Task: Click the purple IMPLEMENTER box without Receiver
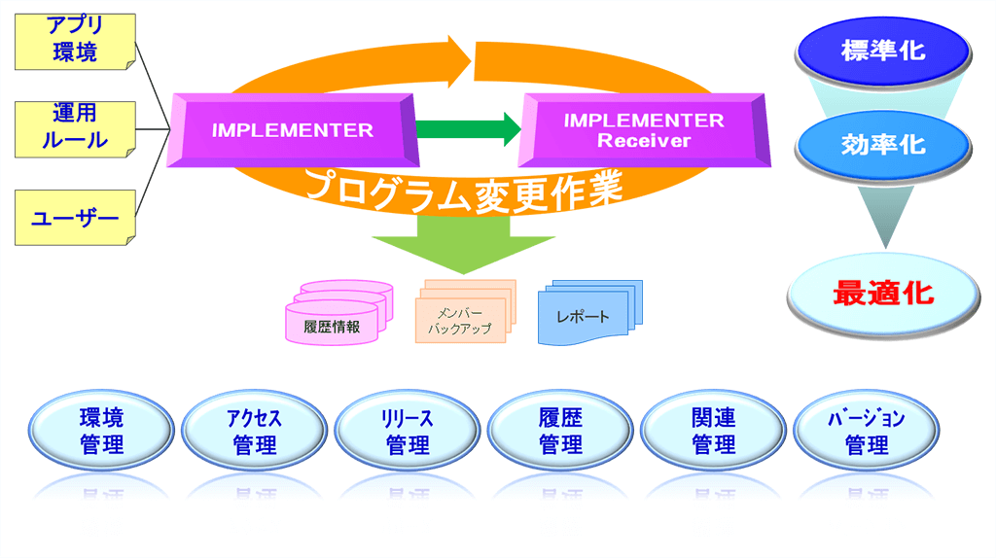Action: [x=293, y=129]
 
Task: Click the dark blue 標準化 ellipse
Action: [x=883, y=51]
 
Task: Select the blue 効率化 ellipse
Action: [x=883, y=146]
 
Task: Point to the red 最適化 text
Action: [x=883, y=292]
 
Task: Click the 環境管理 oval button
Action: [x=101, y=432]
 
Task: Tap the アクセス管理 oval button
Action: [x=254, y=432]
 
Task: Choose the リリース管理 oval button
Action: [x=408, y=432]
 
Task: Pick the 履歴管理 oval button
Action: [x=560, y=432]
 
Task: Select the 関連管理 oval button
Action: [x=713, y=432]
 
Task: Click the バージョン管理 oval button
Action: [x=867, y=432]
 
